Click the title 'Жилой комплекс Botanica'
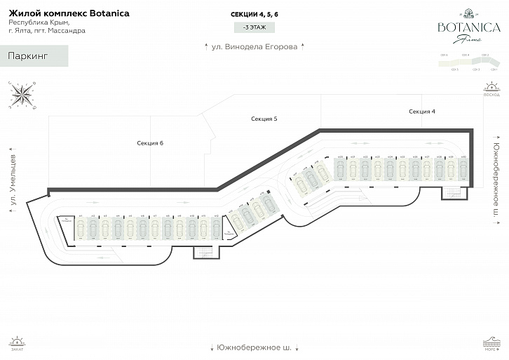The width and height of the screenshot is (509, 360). point(69,13)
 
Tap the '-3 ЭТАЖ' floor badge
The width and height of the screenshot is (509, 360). point(254,27)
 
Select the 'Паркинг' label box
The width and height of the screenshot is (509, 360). point(34,56)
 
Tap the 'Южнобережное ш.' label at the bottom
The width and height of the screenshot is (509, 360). point(254,348)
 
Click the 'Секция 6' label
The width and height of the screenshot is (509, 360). point(150,142)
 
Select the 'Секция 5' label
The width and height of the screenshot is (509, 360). point(264,119)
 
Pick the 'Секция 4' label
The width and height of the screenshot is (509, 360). point(422,112)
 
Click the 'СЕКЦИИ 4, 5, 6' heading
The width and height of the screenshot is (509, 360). point(254,14)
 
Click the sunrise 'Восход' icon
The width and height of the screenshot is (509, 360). point(491,90)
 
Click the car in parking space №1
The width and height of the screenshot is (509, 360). point(81,228)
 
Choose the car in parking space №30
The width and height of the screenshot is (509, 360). point(462,168)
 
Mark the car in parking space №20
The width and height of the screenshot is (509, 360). point(339,168)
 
